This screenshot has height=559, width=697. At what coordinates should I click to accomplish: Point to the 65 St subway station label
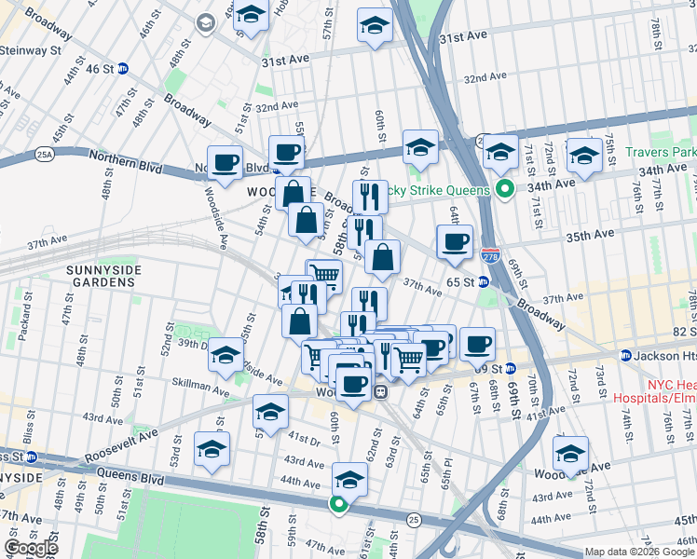[x=463, y=281]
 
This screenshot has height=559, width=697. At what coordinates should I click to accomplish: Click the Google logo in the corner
[x=31, y=548]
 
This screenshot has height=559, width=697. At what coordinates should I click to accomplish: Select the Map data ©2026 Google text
[x=638, y=552]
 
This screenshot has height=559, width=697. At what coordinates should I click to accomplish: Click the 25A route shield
[x=44, y=153]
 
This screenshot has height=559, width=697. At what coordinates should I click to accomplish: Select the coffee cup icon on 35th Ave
[x=455, y=242]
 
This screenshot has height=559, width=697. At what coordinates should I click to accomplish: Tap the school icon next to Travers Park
[x=584, y=156]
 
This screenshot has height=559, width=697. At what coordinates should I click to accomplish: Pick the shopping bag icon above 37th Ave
[x=382, y=258]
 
